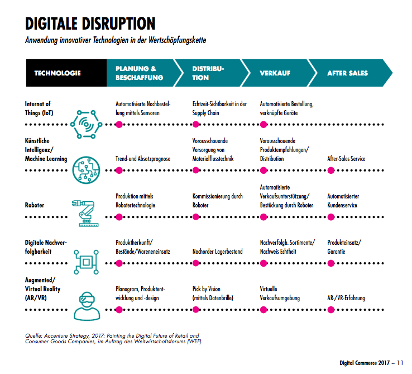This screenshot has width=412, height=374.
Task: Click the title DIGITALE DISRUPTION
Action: (x=90, y=24)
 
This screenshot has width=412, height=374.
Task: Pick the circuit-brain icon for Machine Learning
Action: (x=87, y=169)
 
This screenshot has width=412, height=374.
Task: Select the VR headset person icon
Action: (x=87, y=306)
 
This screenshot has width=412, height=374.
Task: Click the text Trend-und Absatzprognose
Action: (x=143, y=159)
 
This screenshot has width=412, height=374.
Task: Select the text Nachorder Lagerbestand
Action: (x=217, y=252)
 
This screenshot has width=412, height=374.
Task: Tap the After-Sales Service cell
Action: (x=346, y=159)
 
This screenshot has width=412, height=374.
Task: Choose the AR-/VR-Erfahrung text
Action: (x=346, y=298)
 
